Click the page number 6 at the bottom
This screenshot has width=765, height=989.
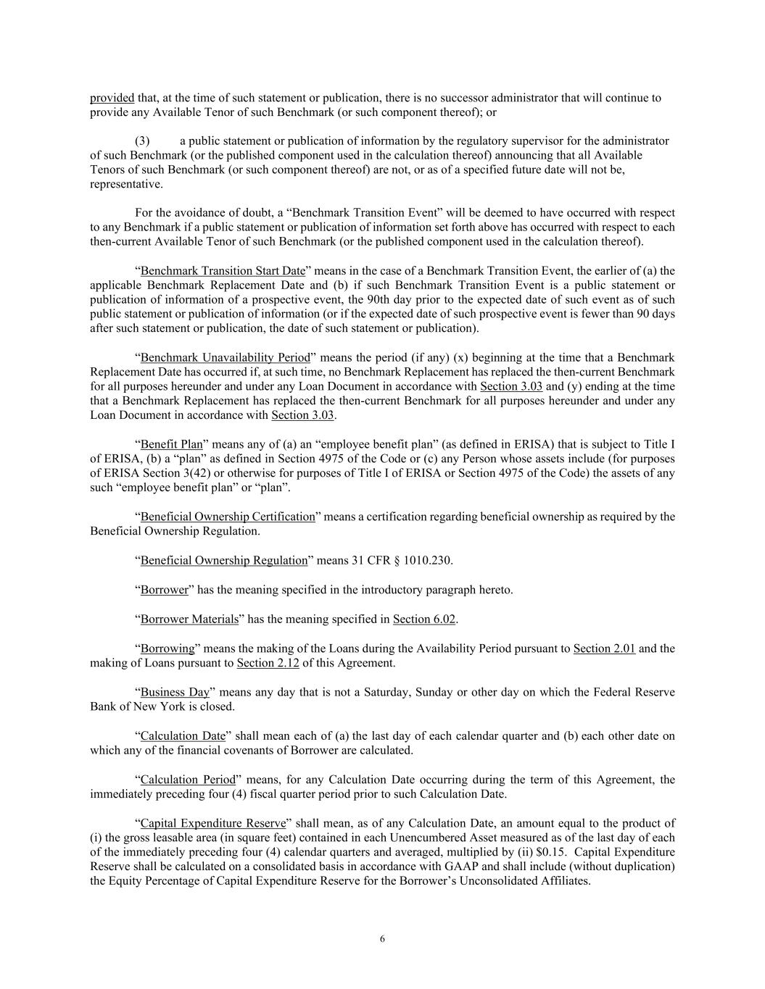[382, 939]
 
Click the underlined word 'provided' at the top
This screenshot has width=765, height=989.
[112, 98]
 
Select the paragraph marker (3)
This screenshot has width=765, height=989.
[142, 141]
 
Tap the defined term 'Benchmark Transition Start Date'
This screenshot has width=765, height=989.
[223, 271]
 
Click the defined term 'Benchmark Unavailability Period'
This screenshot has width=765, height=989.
[225, 358]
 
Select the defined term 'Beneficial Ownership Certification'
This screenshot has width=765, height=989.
[228, 517]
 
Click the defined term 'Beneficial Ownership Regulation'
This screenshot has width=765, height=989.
[224, 561]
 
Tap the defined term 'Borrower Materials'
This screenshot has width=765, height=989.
[189, 619]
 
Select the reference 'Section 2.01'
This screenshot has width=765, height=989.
[604, 648]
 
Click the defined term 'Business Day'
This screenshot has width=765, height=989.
[175, 693]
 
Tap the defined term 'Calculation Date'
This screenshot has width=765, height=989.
[183, 736]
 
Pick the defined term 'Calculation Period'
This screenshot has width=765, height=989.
[188, 780]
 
